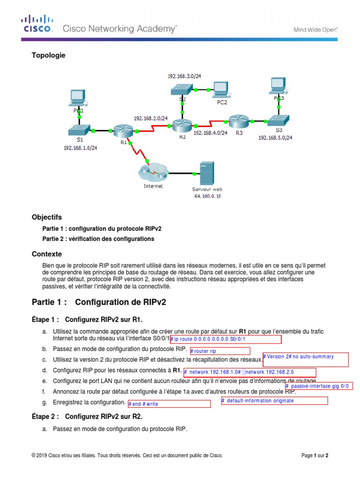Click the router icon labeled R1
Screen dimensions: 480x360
123,131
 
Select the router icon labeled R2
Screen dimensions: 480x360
182,125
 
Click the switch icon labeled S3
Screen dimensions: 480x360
279,120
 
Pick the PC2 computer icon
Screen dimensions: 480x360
219,90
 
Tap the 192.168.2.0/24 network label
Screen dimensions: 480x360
150,118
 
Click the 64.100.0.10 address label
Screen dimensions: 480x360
208,196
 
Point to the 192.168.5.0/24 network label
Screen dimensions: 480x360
276,138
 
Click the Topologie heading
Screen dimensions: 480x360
49,55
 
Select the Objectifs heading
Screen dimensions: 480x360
46,217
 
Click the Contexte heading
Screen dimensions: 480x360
46,254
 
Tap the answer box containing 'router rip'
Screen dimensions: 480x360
219,351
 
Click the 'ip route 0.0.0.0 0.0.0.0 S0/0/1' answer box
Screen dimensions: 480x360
225,339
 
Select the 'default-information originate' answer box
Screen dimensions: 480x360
274,401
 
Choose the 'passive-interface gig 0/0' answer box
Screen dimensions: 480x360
319,386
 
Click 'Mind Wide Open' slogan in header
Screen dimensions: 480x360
315,29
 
